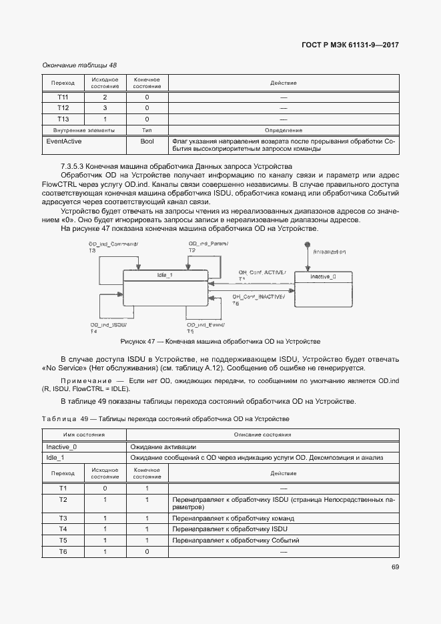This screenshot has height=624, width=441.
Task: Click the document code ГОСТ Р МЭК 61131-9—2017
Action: [350, 45]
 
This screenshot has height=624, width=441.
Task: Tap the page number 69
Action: [395, 567]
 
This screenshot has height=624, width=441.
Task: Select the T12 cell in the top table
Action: [63, 108]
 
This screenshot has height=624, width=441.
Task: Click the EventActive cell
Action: [63, 141]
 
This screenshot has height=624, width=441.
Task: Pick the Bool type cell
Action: [147, 141]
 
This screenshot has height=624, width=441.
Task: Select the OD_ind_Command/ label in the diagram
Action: [113, 244]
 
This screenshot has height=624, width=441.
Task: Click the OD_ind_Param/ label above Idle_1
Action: [205, 244]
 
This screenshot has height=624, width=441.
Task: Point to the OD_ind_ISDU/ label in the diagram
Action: [108, 325]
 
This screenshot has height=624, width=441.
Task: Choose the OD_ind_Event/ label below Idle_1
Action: [205, 325]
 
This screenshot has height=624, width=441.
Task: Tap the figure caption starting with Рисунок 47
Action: [220, 341]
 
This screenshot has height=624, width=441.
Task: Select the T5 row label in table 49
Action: [63, 540]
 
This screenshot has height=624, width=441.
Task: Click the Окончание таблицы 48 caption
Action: [79, 65]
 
